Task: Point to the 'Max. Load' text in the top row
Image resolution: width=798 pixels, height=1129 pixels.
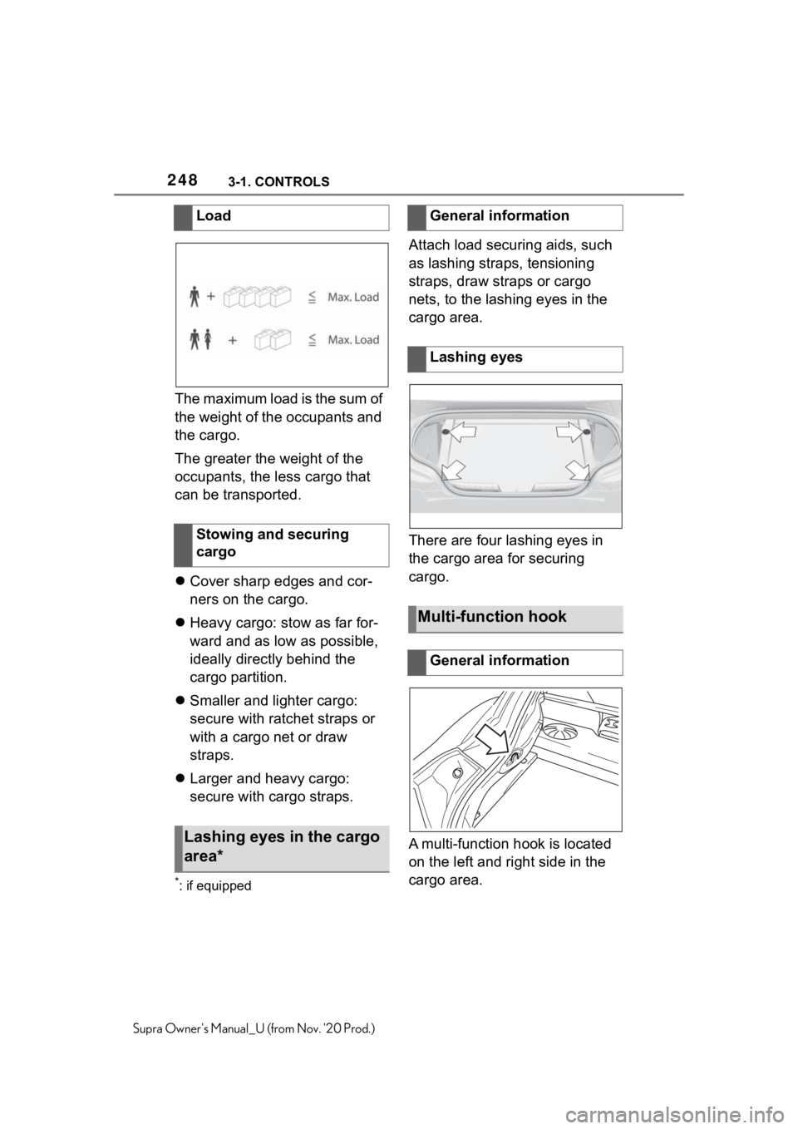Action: coord(353,297)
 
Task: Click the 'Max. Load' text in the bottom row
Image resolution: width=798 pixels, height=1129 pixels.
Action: coord(353,339)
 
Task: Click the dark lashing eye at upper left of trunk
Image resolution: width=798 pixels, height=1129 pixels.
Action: coord(446,432)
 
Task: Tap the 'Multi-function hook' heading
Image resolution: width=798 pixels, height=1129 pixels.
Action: coord(492,617)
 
